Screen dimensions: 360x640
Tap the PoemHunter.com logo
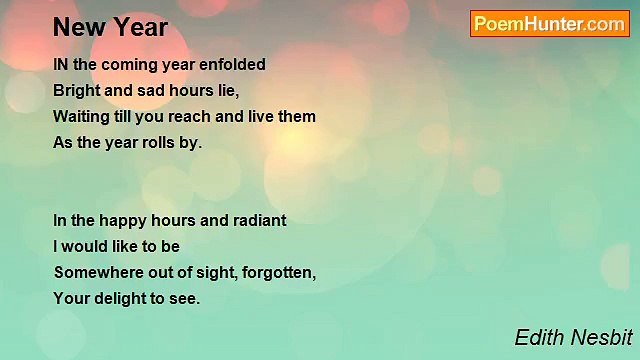549,24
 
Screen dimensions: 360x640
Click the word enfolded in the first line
232,65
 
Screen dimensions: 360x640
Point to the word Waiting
82,117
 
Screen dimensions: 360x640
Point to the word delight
118,298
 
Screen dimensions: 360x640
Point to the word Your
71,298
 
